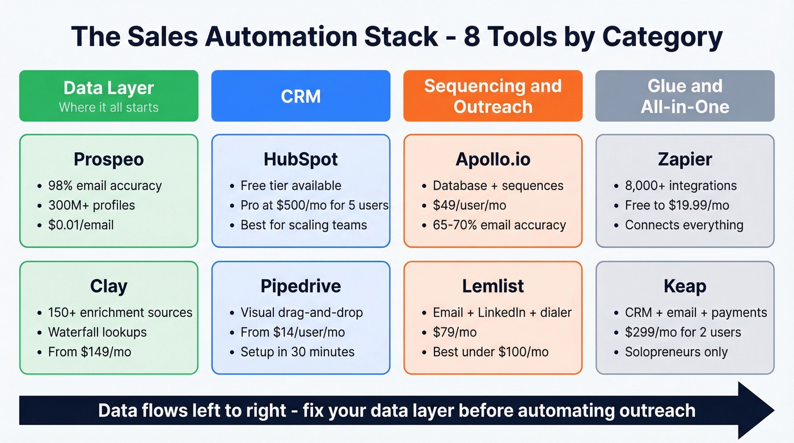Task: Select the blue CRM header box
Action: tap(301, 96)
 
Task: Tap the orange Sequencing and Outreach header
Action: tap(492, 96)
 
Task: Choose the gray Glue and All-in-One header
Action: tap(685, 96)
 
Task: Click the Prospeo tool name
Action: tap(108, 159)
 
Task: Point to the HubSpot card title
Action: tap(301, 159)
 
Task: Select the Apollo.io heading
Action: tap(493, 159)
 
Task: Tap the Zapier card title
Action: tap(685, 159)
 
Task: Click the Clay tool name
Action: tap(108, 286)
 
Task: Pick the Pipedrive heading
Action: tap(301, 286)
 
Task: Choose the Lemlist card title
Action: tap(493, 286)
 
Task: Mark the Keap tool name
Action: tap(685, 286)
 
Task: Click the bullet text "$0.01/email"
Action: tap(81, 225)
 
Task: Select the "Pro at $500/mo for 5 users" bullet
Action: tap(314, 205)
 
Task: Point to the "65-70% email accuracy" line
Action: tap(499, 225)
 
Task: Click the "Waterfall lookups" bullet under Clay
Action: tap(97, 332)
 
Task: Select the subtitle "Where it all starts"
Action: tap(108, 107)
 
